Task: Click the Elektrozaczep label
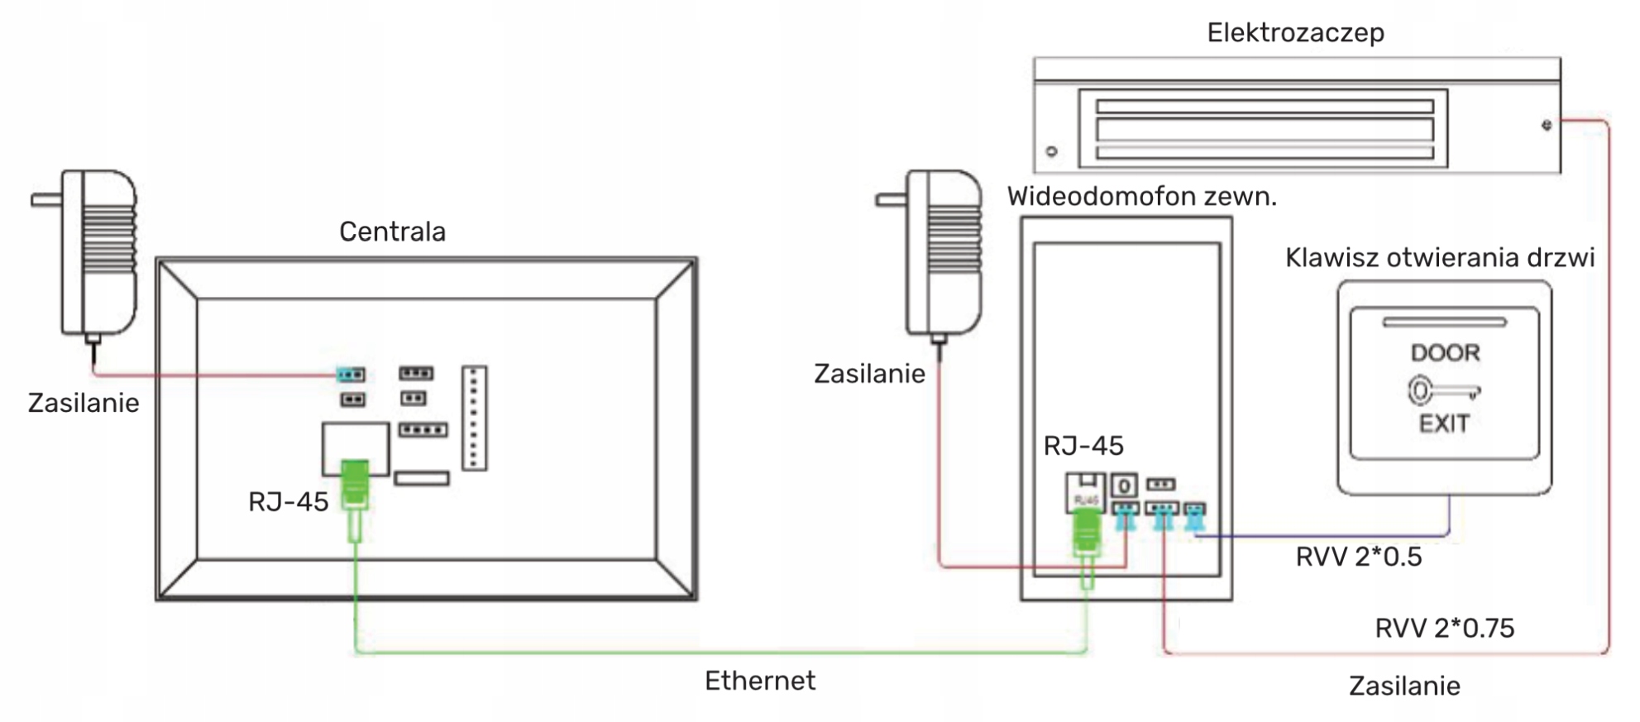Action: click(1295, 33)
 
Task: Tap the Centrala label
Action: click(392, 232)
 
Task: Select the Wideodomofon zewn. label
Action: click(1141, 197)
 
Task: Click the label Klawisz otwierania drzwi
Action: click(1439, 258)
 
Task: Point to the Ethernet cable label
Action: click(759, 681)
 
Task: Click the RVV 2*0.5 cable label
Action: click(1358, 557)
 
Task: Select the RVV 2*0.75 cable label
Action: click(1444, 629)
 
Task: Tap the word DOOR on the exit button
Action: click(1445, 353)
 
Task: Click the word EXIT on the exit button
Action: click(1444, 424)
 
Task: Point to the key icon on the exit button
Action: click(1442, 390)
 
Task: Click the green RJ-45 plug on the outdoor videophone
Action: click(1086, 533)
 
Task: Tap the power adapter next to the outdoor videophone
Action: click(942, 252)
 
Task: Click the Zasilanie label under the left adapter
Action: click(84, 403)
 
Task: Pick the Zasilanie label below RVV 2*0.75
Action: click(1403, 686)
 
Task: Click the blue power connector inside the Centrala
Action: click(351, 375)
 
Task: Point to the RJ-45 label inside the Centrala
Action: click(288, 502)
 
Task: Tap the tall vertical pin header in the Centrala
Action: click(474, 418)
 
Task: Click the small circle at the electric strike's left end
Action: click(1052, 151)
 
